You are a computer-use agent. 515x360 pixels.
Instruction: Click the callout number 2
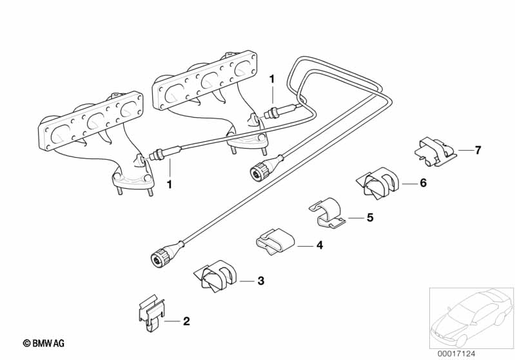[186, 321]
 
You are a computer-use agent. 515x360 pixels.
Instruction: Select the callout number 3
[260, 281]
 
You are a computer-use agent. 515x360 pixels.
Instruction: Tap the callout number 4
[319, 245]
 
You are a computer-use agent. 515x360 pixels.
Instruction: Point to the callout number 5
[370, 217]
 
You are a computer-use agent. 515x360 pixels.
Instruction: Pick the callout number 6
[423, 182]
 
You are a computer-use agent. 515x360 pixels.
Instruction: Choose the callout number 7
[478, 150]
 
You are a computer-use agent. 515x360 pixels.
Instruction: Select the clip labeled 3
[215, 276]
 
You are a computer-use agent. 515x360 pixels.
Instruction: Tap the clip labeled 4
[276, 242]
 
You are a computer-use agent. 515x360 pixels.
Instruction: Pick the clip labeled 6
[378, 183]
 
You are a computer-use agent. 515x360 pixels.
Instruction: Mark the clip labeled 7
[434, 151]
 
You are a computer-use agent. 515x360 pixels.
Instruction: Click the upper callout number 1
[271, 79]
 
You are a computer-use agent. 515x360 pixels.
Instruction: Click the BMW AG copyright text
[44, 343]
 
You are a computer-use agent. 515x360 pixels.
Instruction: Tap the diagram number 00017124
[456, 354]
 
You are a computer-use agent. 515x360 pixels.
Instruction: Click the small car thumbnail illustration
[471, 318]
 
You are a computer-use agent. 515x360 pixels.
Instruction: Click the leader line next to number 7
[465, 150]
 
